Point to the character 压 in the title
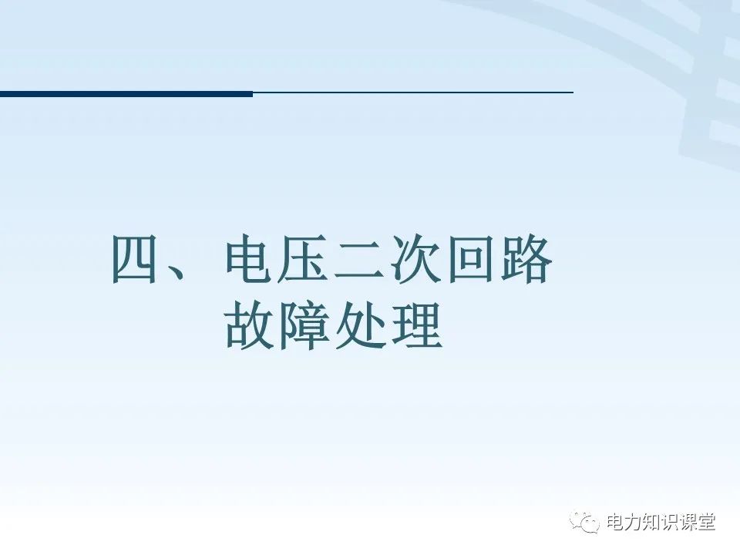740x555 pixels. (x=305, y=261)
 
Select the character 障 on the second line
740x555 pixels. (x=305, y=327)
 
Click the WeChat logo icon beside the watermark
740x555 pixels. (x=585, y=522)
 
